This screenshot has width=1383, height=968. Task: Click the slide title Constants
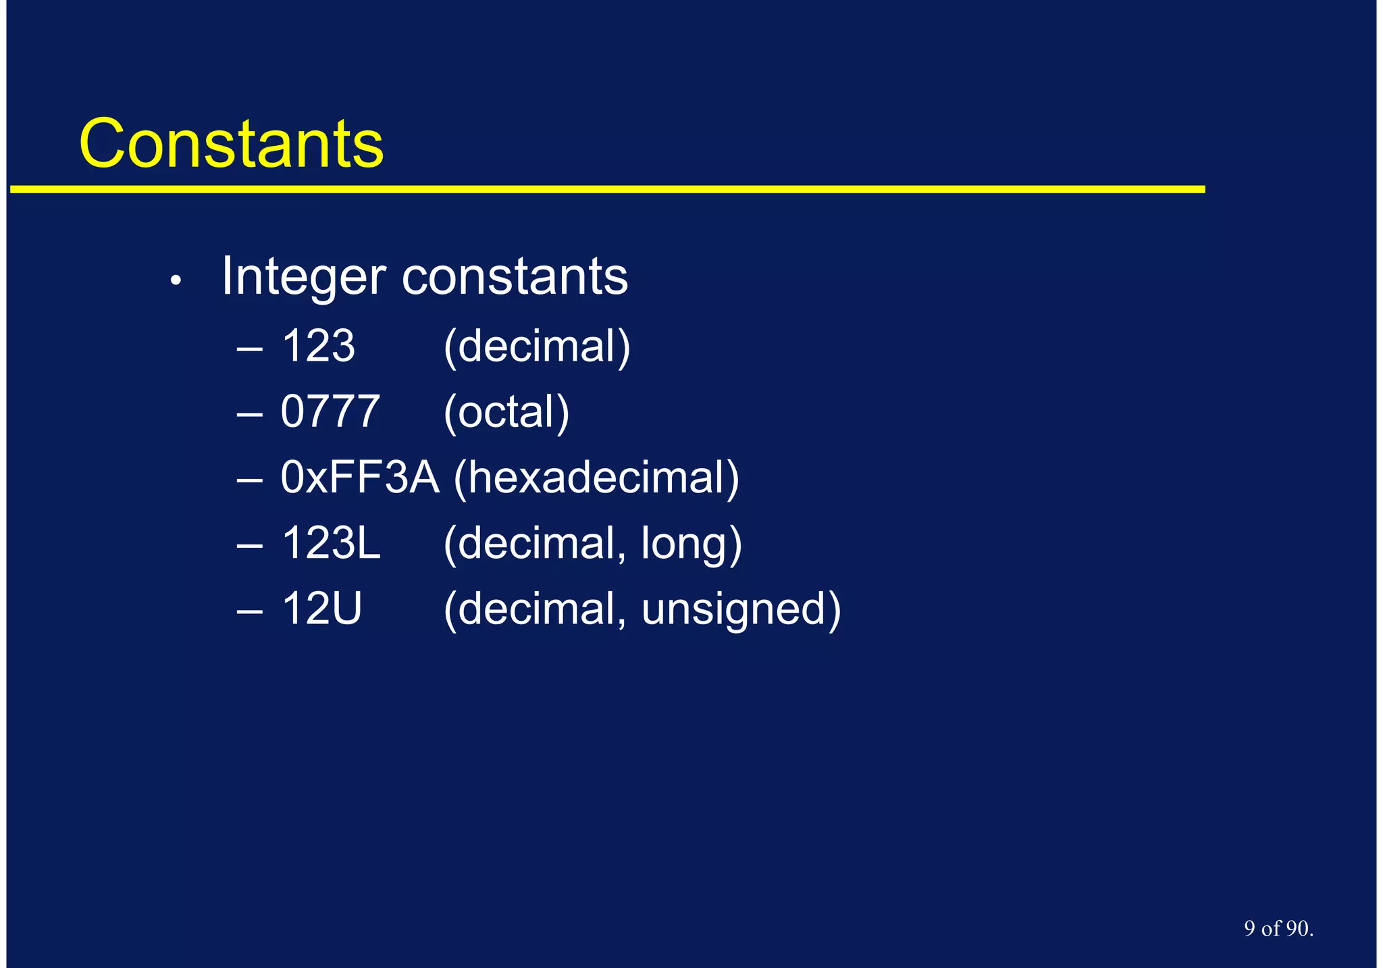(231, 144)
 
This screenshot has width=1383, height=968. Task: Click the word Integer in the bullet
(303, 277)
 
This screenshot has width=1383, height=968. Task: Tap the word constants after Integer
(515, 277)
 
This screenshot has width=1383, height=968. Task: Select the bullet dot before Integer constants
(176, 280)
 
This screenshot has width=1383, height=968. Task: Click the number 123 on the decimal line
(318, 347)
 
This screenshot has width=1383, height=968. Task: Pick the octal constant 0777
(330, 412)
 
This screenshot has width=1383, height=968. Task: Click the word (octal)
(506, 412)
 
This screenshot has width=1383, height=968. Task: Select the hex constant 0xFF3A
(359, 478)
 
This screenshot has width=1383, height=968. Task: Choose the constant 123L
(331, 543)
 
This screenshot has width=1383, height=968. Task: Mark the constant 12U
(321, 609)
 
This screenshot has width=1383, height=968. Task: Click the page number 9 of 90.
(1278, 929)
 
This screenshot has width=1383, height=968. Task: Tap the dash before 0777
(249, 414)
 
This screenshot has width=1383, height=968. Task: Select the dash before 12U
(249, 611)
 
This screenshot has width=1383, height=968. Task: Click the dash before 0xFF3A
(249, 480)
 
